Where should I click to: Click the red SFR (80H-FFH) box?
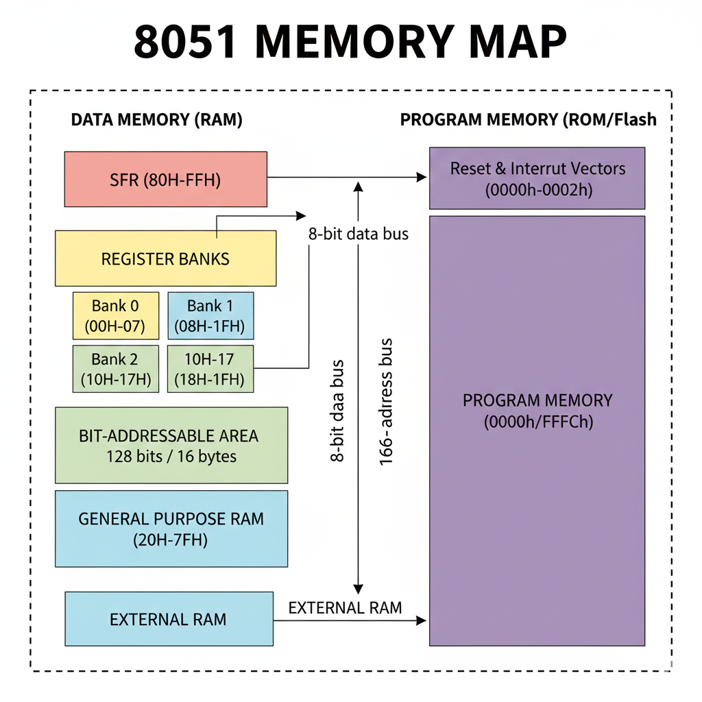pos(165,179)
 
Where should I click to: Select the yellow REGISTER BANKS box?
pos(165,258)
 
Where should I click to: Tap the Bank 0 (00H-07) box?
pos(115,316)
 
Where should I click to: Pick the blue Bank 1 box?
pos(210,316)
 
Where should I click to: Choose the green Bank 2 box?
pos(115,369)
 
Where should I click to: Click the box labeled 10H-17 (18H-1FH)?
pos(210,369)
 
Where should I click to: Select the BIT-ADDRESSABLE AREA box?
pos(171,446)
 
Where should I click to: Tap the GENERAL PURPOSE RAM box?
pos(171,529)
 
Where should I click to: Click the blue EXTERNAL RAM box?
pos(168,619)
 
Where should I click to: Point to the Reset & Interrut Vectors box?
pos(537,178)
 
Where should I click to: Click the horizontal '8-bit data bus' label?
pos(358,234)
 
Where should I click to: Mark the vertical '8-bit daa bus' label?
pos(337,411)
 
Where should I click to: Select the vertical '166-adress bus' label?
pos(386,402)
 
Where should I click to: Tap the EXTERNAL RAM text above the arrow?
pos(345,607)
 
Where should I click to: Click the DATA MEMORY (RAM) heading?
pos(157,120)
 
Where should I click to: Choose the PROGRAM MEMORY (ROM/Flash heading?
pos(528,120)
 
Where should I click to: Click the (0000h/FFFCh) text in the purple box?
pos(537,422)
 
